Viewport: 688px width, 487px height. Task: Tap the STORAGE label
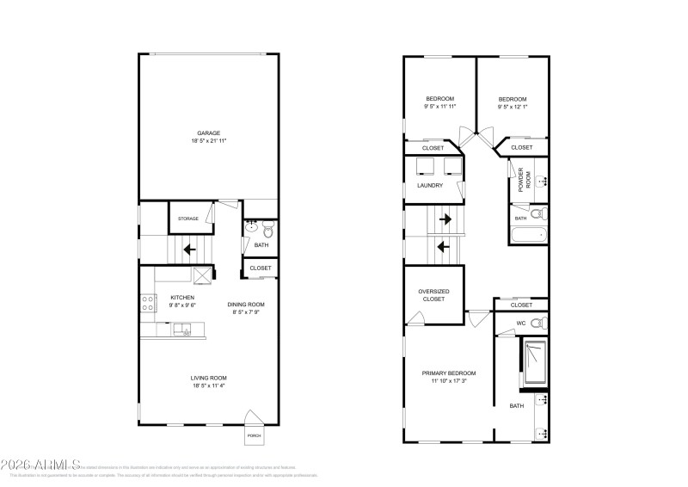pos(188,219)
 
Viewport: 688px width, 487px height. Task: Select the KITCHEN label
pos(170,298)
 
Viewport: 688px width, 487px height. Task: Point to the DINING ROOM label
pos(246,305)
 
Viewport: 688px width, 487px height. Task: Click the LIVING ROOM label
pos(208,378)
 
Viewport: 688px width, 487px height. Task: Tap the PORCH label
pos(255,435)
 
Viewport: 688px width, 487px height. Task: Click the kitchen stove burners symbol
pos(148,303)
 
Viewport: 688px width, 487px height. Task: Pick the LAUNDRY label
pos(430,185)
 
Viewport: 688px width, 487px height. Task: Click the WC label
pos(521,324)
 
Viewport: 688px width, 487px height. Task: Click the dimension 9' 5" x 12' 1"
pos(513,107)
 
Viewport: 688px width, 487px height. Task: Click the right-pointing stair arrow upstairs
pos(445,219)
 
